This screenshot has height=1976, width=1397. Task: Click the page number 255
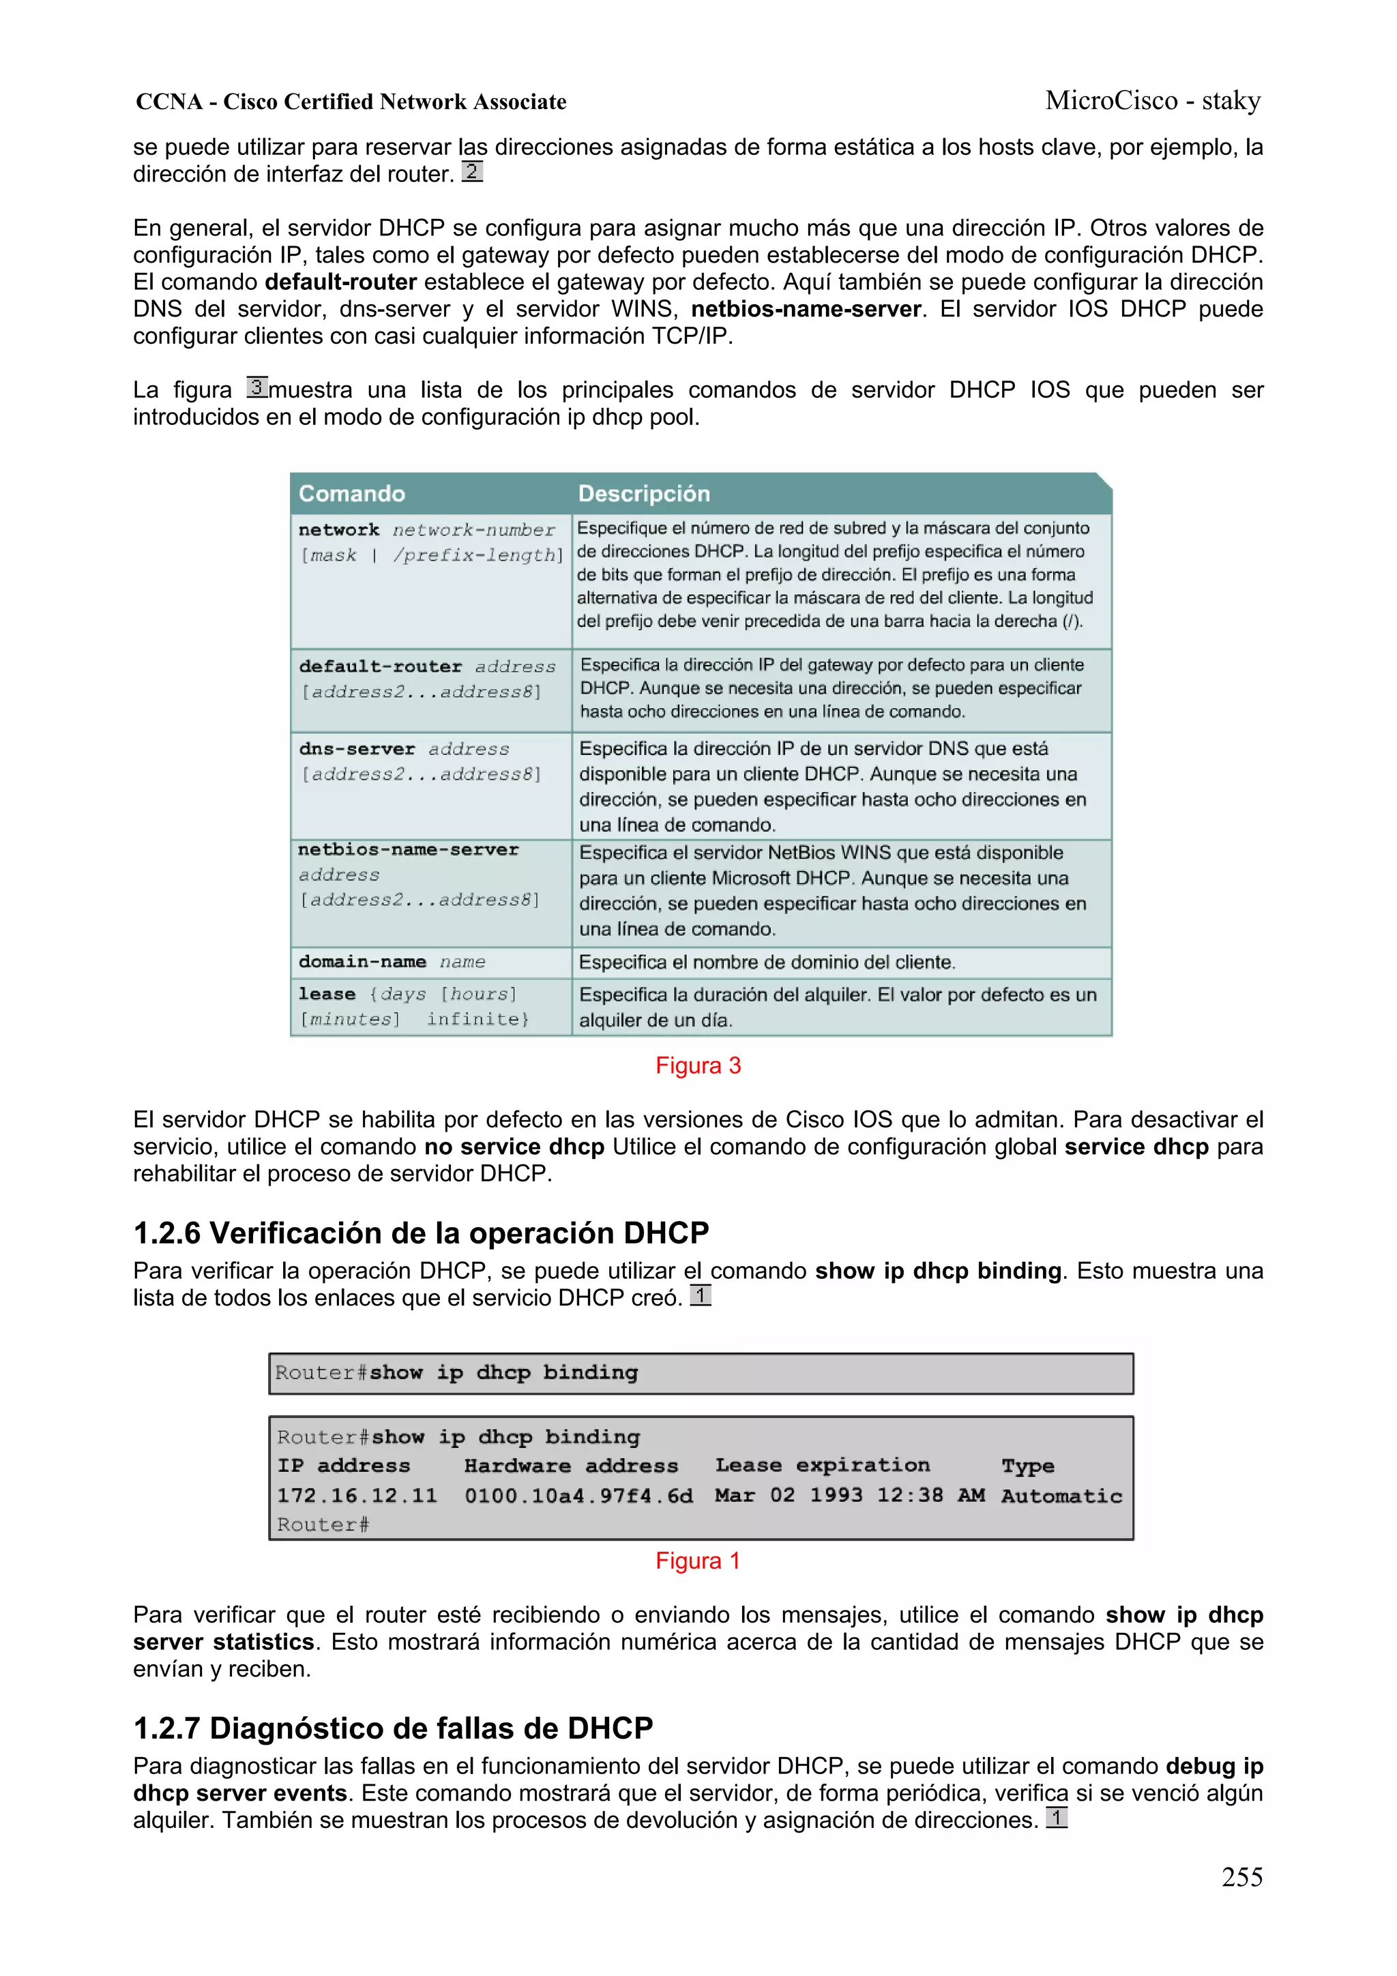click(x=1241, y=1876)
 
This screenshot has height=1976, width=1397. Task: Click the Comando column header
click(x=351, y=494)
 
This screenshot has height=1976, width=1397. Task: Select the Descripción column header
click(x=644, y=494)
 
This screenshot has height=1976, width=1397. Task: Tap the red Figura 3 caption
click(x=698, y=1065)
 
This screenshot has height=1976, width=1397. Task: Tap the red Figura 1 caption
click(x=698, y=1561)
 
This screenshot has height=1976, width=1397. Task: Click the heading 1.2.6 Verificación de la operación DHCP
click(x=421, y=1233)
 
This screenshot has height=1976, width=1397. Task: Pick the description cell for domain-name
click(x=766, y=962)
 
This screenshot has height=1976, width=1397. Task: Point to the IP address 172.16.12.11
click(x=356, y=1496)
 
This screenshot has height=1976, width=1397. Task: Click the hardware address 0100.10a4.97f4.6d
click(x=578, y=1496)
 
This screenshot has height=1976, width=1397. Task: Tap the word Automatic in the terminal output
click(x=1061, y=1496)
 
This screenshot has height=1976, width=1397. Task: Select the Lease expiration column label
click(x=822, y=1465)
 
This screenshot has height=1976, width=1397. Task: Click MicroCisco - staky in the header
click(x=1153, y=101)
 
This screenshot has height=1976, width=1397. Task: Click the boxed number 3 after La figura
click(x=257, y=387)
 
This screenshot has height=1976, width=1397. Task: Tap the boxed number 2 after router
click(x=471, y=171)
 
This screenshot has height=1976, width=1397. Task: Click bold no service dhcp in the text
click(x=514, y=1147)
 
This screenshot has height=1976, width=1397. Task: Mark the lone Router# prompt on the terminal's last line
click(x=323, y=1525)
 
